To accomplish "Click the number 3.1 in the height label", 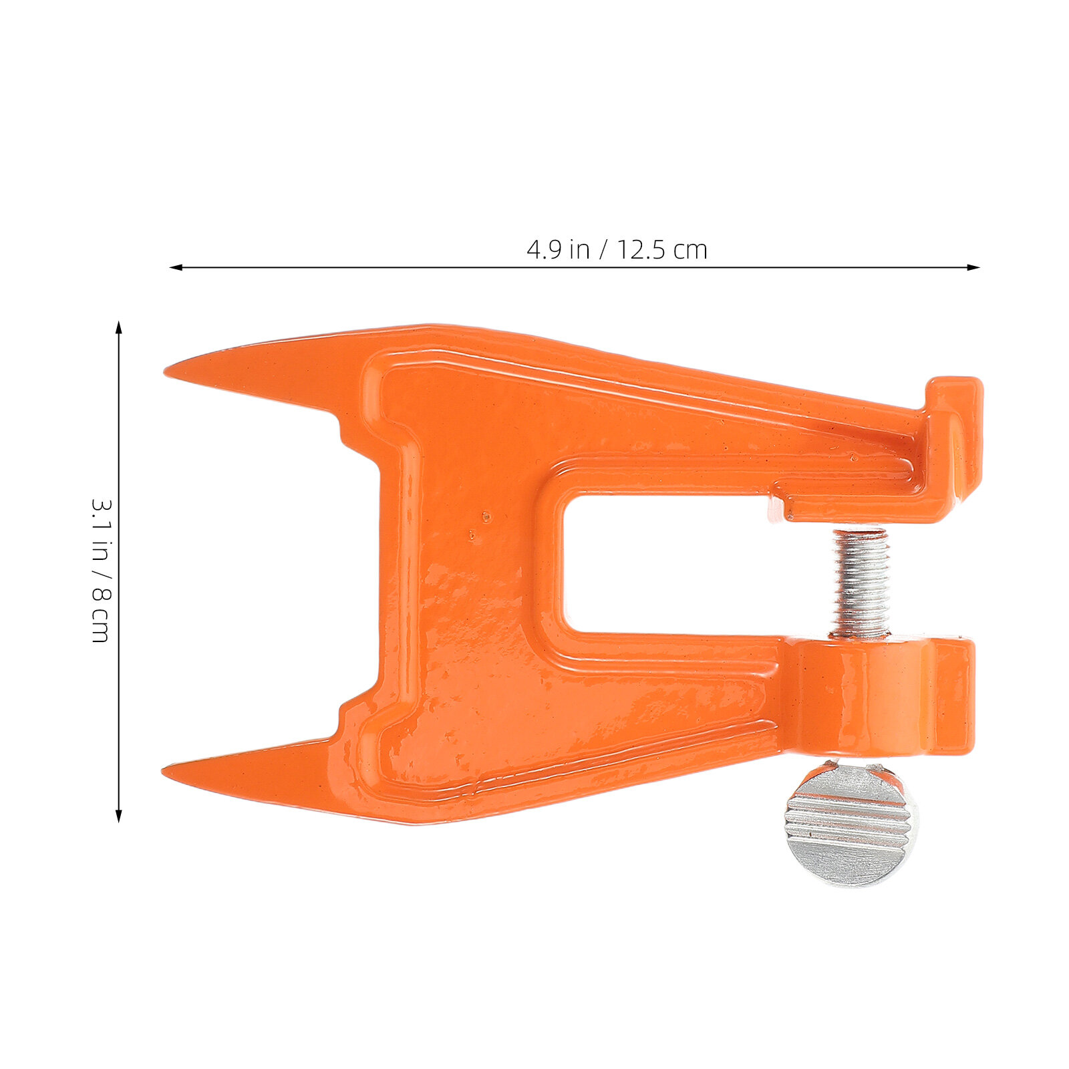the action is (101, 516).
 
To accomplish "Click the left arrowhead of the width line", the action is (176, 267).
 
